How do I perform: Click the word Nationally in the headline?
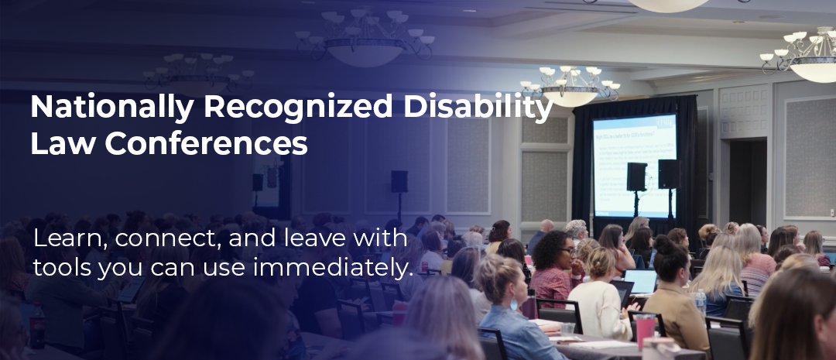pyautogui.click(x=112, y=106)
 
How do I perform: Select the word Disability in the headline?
pyautogui.click(x=478, y=106)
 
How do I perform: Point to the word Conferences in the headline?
pyautogui.click(x=206, y=143)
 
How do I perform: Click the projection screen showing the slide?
pyautogui.click(x=634, y=166)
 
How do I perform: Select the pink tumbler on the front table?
pyautogui.click(x=645, y=331)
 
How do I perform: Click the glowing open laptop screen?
pyautogui.click(x=640, y=281)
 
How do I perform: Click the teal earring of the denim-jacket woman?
pyautogui.click(x=514, y=303)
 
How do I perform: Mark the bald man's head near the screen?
pyautogui.click(x=547, y=226)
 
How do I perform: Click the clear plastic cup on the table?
pyautogui.click(x=568, y=328)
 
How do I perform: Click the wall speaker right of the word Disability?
pyautogui.click(x=399, y=181)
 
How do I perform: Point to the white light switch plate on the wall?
pyautogui.click(x=831, y=212)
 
